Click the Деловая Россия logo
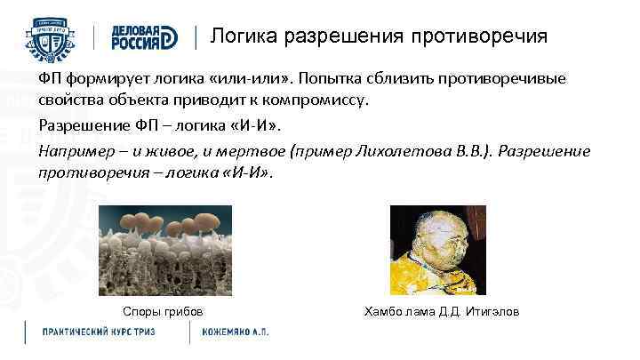click(x=146, y=37)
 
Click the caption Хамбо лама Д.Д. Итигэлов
click(x=442, y=311)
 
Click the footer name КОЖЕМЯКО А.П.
click(x=236, y=332)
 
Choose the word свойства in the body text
click(x=68, y=99)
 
